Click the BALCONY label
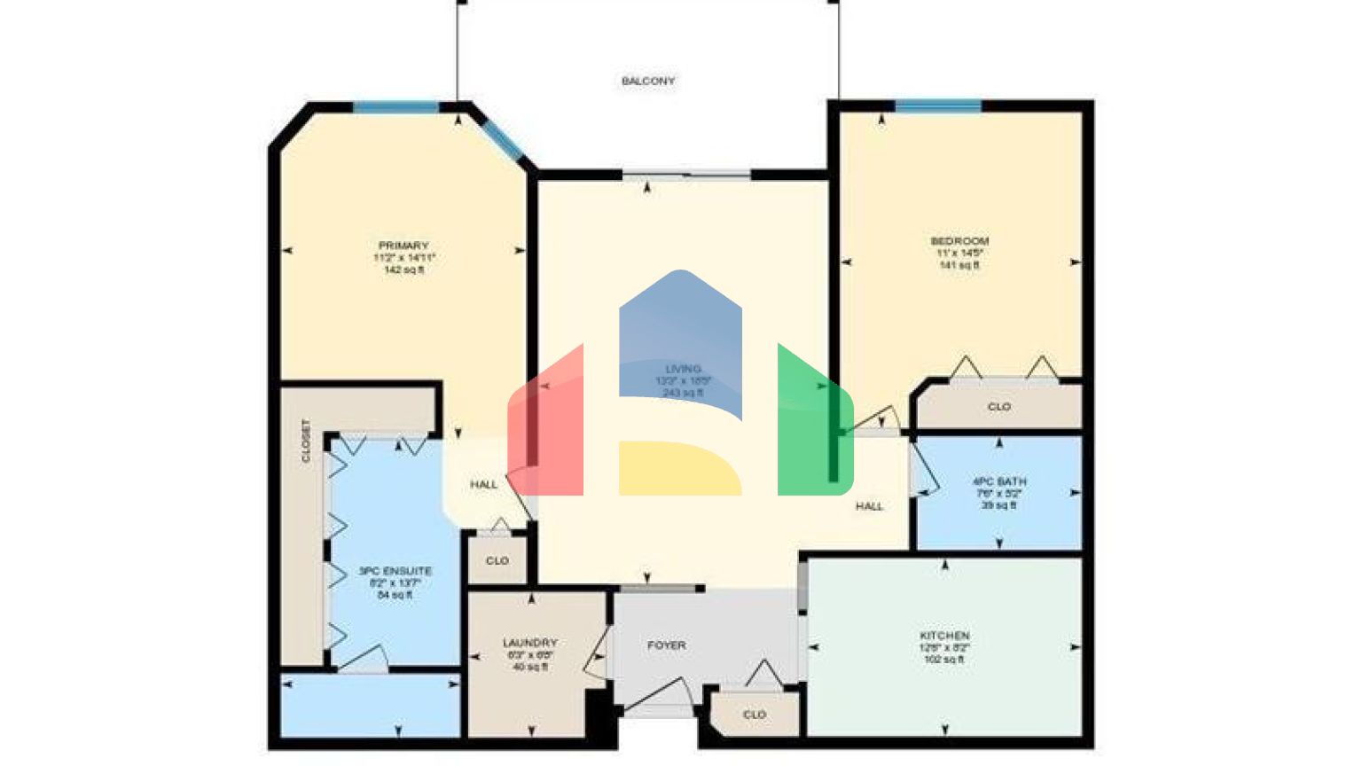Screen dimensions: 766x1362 [x=648, y=81]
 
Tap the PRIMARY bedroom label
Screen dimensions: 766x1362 [x=403, y=246]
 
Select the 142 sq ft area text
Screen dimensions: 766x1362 [x=403, y=270]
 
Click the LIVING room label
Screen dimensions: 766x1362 [x=683, y=369]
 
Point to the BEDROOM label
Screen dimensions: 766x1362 [x=959, y=241]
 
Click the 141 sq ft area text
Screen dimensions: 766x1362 [x=959, y=265]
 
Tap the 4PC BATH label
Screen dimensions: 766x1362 [x=999, y=481]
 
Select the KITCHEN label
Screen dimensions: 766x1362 [x=944, y=636]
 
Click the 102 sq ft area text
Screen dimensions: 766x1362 [x=944, y=660]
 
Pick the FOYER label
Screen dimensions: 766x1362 [x=667, y=645]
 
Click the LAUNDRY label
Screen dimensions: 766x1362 [x=530, y=643]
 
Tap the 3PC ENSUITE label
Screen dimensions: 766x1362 [x=395, y=571]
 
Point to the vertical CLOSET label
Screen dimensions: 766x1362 [x=306, y=441]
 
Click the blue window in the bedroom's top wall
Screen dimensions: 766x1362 [x=938, y=106]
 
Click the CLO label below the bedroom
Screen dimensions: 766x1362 [x=999, y=407]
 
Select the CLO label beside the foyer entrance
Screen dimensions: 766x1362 [x=755, y=715]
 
